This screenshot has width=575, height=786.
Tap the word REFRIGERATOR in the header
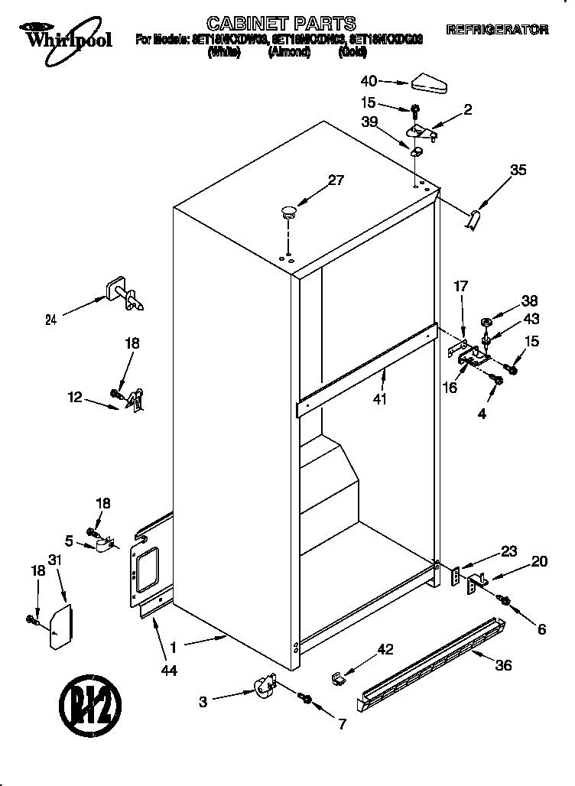point(497,31)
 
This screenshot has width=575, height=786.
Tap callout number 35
point(518,171)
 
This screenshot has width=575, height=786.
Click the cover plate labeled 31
point(61,626)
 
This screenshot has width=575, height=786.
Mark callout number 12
point(74,397)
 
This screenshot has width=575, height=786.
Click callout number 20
point(538,562)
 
